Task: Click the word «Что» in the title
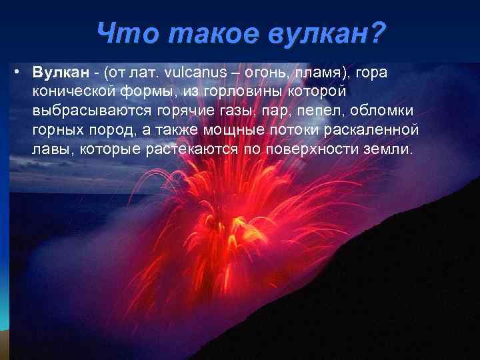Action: (121, 31)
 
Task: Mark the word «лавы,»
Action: (53, 148)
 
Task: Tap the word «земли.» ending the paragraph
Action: (390, 148)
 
